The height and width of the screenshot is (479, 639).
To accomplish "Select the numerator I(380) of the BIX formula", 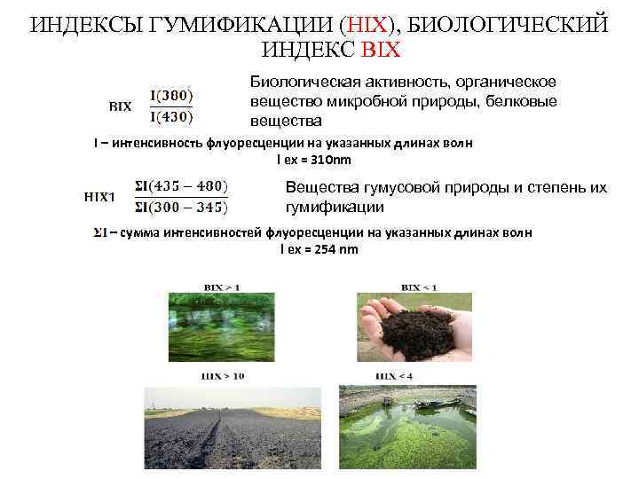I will pyautogui.click(x=170, y=94).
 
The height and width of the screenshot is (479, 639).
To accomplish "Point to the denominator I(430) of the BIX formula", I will pyautogui.click(x=170, y=115).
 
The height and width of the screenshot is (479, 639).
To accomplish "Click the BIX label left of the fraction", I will pyautogui.click(x=120, y=106).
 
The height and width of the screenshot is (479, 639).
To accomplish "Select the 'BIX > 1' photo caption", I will pyautogui.click(x=222, y=287).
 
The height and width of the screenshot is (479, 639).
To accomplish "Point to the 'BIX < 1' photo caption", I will pyautogui.click(x=419, y=287).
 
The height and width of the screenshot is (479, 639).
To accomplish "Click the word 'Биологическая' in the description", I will pyautogui.click(x=298, y=82).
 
